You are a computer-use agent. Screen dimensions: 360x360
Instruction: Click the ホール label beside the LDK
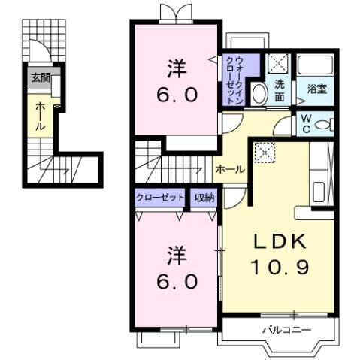229,169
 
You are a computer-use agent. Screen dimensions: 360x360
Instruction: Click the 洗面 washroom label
278,91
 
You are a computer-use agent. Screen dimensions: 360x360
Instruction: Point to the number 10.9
277,266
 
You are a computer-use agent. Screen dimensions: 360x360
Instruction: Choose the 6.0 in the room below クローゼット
177,281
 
